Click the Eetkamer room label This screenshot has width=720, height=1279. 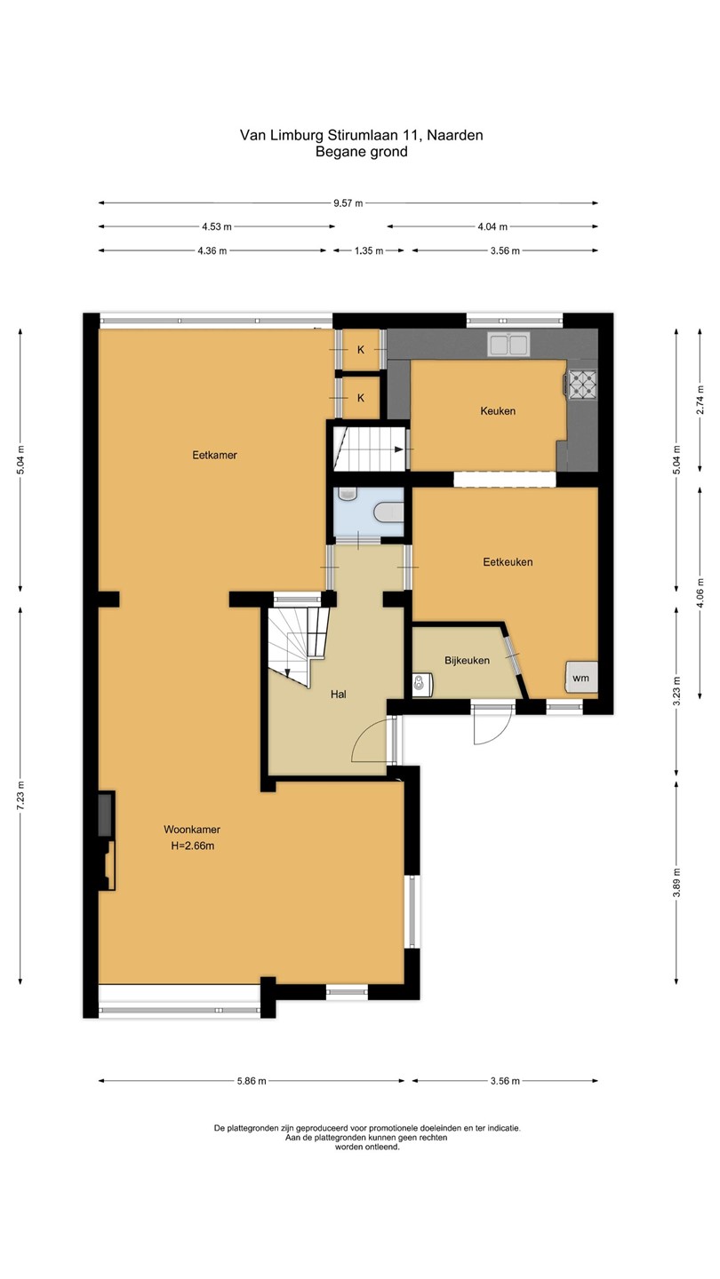coord(214,455)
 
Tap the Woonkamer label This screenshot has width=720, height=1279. coord(192,829)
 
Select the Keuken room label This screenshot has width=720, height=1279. coord(498,410)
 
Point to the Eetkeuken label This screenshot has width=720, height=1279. coord(508,562)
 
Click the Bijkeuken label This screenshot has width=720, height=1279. coord(467,661)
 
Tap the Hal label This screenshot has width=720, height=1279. coord(339,695)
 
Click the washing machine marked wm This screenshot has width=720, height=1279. coord(581,677)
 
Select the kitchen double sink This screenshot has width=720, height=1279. coord(508,345)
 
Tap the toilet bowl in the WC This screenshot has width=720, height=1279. coord(389,512)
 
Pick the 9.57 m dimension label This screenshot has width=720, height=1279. coord(348,203)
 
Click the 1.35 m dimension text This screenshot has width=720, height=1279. coord(369,250)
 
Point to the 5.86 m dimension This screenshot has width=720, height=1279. coord(252,1081)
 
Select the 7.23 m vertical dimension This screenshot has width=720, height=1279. coord(20,796)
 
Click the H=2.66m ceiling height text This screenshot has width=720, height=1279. coord(193,846)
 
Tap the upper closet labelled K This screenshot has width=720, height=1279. coord(361,349)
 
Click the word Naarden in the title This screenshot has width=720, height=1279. coord(455,135)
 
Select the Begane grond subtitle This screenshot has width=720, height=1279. coord(361,152)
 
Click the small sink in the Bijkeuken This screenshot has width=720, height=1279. coord(422,683)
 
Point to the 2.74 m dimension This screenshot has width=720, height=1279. coord(700,401)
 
